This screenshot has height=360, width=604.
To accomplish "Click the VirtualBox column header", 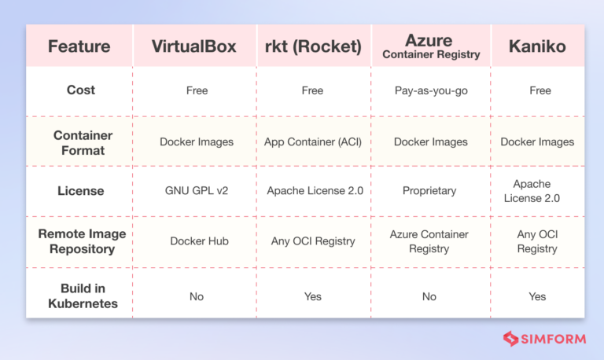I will pos(194,46).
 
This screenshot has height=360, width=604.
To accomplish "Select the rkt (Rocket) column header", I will pos(312,46).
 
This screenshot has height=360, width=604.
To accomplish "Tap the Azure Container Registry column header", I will pos(431,46).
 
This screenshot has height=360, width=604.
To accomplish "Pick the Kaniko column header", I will pos(537,46).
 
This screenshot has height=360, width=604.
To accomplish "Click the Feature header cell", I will pos(79,46).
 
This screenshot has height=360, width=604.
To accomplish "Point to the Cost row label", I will pos(80,90).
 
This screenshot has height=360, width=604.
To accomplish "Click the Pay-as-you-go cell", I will pos(431,90).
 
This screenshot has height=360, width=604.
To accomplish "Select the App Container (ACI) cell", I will pos(312,142).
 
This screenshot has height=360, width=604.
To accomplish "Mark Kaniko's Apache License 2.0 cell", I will pos(537,191).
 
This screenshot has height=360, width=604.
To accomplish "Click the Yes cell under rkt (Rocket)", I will pos(312,296).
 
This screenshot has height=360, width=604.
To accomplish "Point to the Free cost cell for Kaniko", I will pos(540,90).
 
